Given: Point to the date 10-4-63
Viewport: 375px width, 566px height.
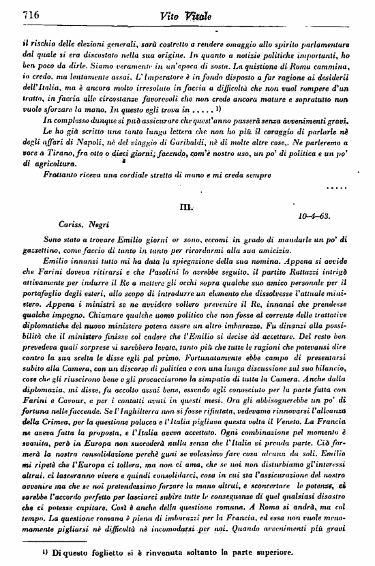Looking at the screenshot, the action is tap(315, 215).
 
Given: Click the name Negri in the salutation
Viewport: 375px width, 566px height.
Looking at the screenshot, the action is tap(95, 224).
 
